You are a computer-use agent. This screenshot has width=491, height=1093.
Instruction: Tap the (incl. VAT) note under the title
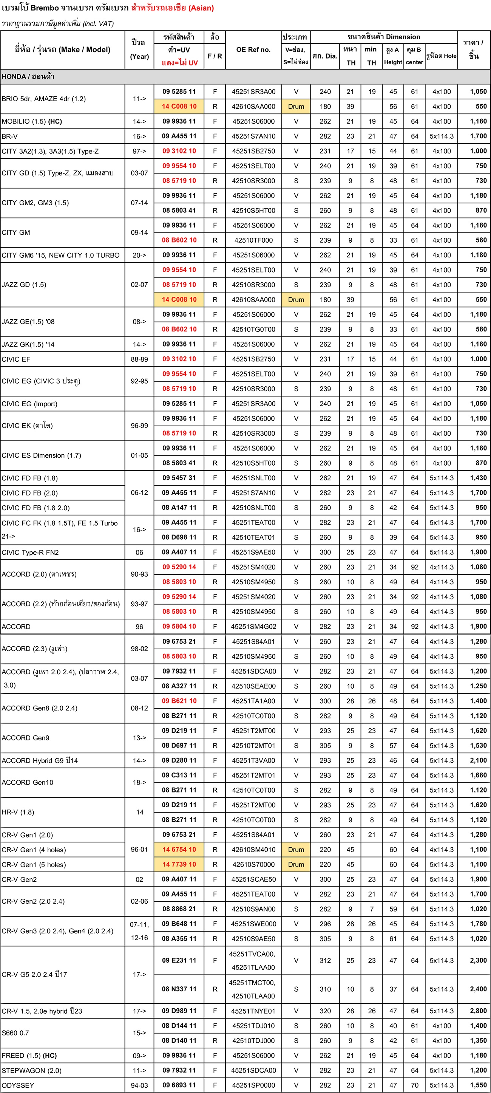coord(98,24)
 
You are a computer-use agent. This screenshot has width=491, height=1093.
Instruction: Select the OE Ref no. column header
coord(253,50)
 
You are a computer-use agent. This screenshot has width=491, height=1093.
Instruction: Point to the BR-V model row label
coord(10,136)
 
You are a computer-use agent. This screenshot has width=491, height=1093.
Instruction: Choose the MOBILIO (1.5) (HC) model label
coord(32,121)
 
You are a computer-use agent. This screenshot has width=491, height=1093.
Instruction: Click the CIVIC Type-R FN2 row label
coord(30,553)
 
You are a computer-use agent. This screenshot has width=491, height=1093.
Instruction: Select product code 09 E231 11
coord(179,961)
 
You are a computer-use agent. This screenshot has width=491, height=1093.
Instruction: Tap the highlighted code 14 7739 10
coord(179,864)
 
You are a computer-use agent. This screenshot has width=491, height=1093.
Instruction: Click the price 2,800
coord(478,1011)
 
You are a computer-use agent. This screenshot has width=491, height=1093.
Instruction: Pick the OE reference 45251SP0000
coord(253,1085)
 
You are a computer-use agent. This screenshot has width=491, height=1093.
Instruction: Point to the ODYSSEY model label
coord(18,1085)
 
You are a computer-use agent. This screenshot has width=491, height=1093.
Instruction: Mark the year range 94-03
coord(139,1085)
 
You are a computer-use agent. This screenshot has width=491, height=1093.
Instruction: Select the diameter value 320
coord(325,1011)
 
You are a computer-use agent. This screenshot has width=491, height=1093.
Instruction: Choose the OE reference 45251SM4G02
coord(253,626)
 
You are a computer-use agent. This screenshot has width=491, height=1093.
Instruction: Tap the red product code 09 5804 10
coord(179,626)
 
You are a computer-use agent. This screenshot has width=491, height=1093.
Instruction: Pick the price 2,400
coord(478,989)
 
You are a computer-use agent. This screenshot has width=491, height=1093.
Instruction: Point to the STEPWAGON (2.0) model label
coord(31,1070)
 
